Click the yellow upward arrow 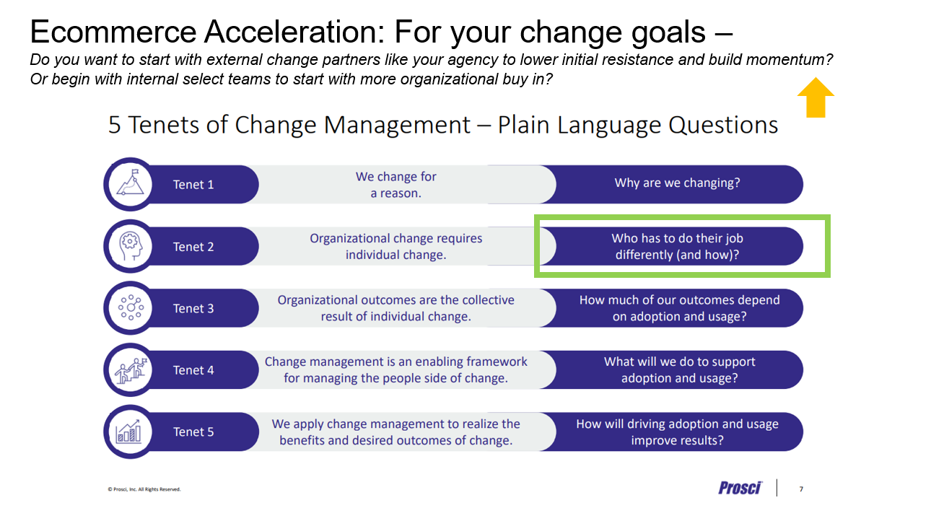point(816,97)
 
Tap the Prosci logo point(740,488)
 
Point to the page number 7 point(801,489)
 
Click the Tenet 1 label point(193,185)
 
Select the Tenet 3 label point(193,308)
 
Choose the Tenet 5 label point(193,432)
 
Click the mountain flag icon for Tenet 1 point(130,183)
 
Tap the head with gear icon point(130,246)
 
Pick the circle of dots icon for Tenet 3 point(131,307)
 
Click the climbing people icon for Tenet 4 point(131,369)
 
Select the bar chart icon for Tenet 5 point(128,431)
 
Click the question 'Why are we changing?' point(677,183)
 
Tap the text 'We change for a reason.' point(395,185)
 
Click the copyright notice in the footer point(144,489)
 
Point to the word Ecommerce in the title point(113,32)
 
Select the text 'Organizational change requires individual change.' point(395,246)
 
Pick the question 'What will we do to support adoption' point(679,369)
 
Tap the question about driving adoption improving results point(677,432)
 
